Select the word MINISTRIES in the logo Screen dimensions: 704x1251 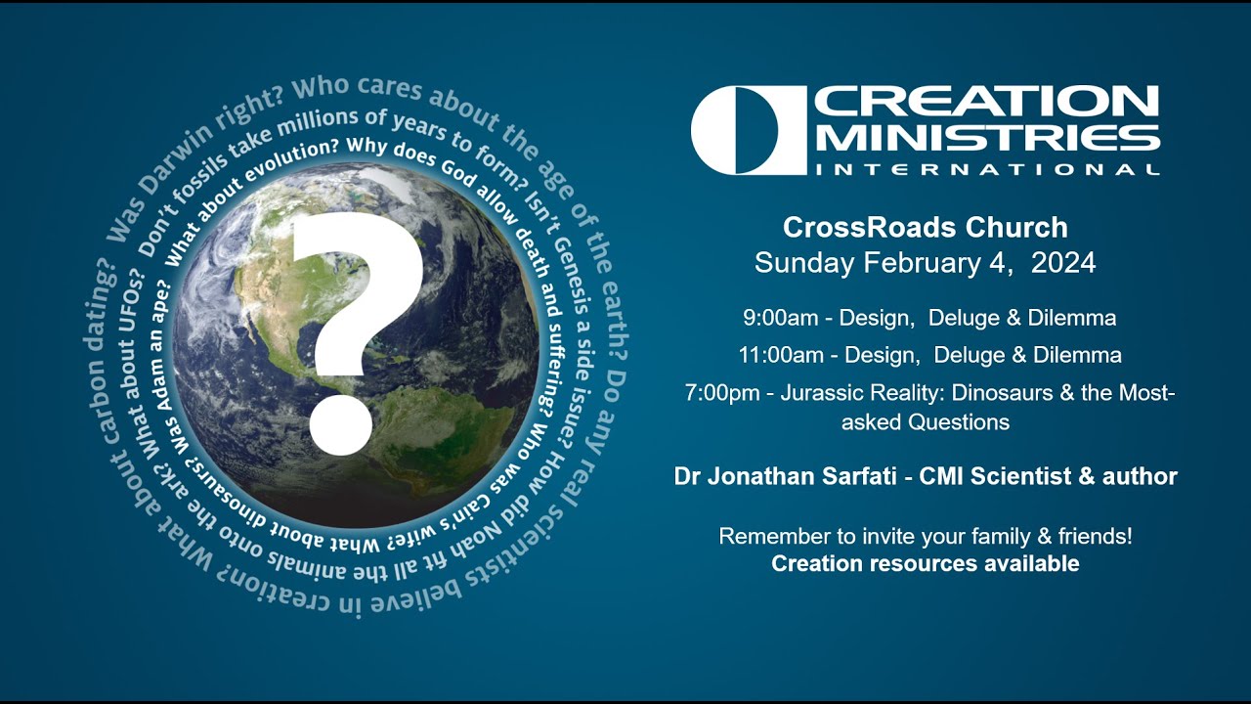pos(987,138)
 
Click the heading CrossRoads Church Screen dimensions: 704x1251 pos(925,228)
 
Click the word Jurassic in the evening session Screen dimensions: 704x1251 pos(819,393)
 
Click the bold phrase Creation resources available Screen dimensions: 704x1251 pos(925,563)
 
